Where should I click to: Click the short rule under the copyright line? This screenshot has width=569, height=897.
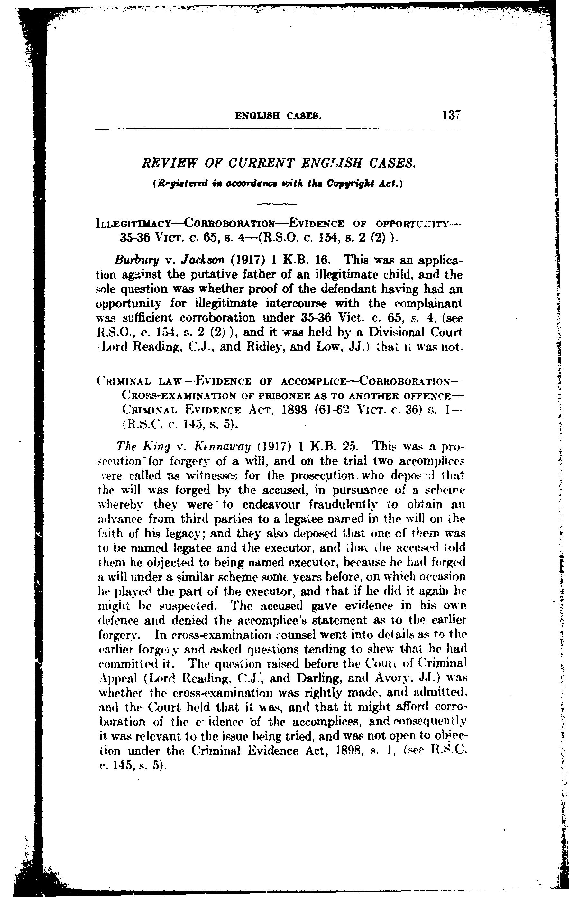277,204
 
